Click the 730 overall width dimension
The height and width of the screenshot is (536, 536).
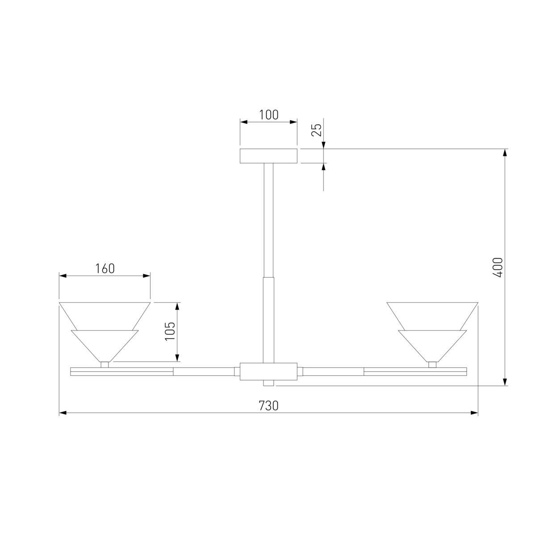(268, 406)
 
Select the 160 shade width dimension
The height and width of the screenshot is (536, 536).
(105, 268)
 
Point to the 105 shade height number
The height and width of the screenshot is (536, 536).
(170, 331)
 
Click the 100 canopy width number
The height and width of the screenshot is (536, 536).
(269, 115)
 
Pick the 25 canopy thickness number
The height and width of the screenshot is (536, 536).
(316, 130)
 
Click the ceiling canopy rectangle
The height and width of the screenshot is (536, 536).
(268, 156)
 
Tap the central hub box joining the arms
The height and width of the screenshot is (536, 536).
(268, 371)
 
